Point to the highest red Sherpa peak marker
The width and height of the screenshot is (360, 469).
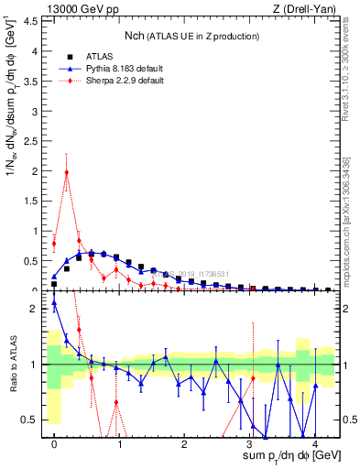(x=67, y=172)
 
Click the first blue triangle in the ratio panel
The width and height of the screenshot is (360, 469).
(x=54, y=303)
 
